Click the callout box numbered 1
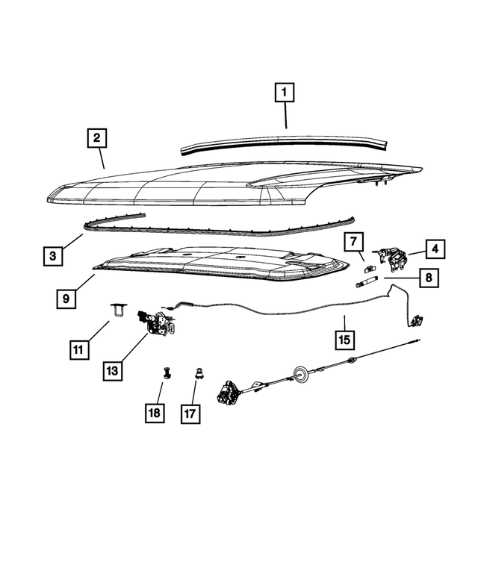coord(284,93)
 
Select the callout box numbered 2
coord(96,138)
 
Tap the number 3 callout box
coord(52,256)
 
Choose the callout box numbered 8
coord(429,278)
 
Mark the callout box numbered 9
coord(66,298)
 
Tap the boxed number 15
coord(344,340)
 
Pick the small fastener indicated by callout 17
coord(199,373)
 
